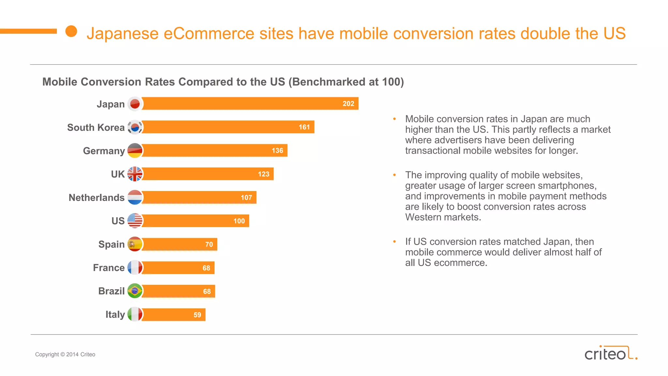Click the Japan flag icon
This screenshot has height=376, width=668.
[x=135, y=104]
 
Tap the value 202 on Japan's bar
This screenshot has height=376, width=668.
[x=348, y=104]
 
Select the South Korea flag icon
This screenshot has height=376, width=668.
[x=135, y=127]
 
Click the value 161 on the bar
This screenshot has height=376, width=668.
[x=304, y=127]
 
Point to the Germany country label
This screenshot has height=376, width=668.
[x=104, y=151]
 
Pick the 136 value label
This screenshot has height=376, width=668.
[x=277, y=151]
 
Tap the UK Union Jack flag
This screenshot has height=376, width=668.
[x=135, y=174]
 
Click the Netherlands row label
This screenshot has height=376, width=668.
[x=97, y=197]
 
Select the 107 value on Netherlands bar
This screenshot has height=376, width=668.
[x=246, y=197]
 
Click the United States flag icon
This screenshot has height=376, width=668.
[x=135, y=221]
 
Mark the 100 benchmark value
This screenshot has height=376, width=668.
[x=239, y=221]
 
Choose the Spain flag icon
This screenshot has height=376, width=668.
[x=135, y=244]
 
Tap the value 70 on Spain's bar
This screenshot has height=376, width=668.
[x=209, y=244]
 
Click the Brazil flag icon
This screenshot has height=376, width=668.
[x=135, y=291]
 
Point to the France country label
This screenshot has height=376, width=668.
[x=109, y=268]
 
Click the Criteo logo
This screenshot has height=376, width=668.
[x=610, y=353]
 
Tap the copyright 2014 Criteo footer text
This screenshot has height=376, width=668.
[x=65, y=354]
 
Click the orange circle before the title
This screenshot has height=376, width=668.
[x=71, y=31]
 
